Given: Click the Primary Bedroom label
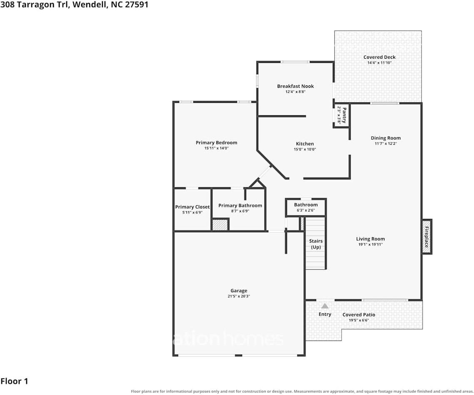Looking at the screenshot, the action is tap(216, 142).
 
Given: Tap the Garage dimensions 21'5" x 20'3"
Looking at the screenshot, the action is tap(239, 296).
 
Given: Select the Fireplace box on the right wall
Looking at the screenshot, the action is tap(427, 237).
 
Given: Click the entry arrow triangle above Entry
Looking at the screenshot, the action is tap(324, 306).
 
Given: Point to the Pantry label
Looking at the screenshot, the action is tap(344, 115).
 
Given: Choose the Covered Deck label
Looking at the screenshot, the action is tap(379, 57).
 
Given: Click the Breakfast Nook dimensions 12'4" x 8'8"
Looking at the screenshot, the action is tap(295, 92).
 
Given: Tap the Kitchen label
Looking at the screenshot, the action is tap(305, 144).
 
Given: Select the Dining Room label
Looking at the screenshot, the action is tap(385, 138).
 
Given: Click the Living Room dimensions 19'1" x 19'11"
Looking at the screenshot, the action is tap(370, 244).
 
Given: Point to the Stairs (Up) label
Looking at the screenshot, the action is tap(316, 244).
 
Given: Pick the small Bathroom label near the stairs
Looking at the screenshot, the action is tap(306, 205).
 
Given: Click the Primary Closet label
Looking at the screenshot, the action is tap(192, 207).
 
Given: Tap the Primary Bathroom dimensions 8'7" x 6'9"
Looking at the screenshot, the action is tap(240, 211).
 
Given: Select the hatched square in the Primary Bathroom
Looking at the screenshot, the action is tap(220, 225).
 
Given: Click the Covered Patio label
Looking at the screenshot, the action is tap(359, 315).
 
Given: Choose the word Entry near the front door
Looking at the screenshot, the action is tap(324, 314).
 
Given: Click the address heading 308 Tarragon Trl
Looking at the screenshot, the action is tap(35, 5).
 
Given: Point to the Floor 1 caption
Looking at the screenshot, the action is tap(14, 381).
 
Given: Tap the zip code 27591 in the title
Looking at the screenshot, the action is tap(136, 5).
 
